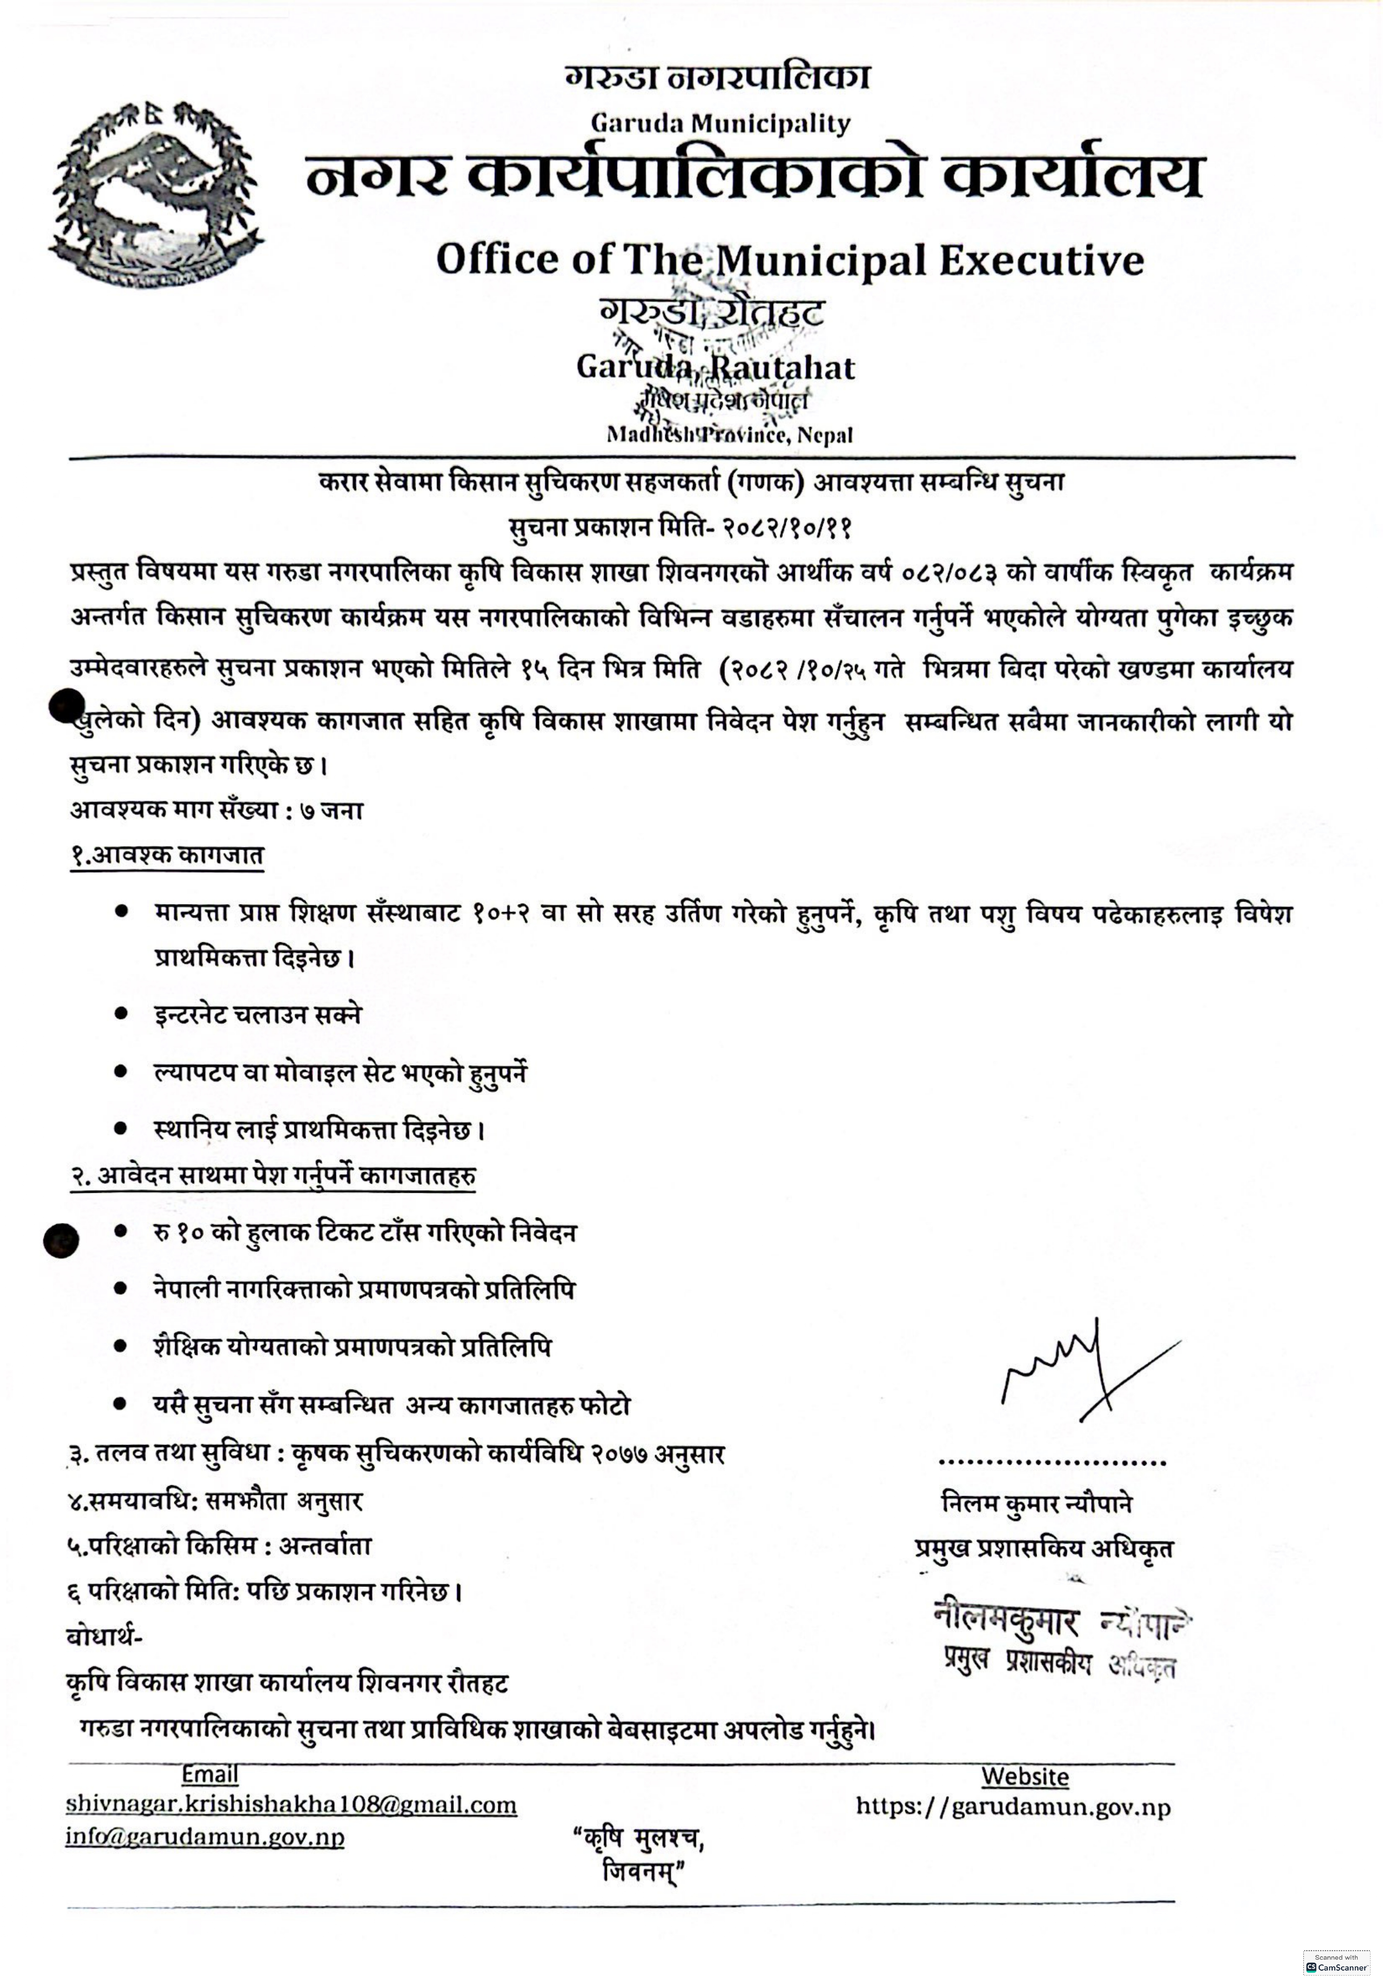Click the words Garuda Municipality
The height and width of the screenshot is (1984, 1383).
[720, 124]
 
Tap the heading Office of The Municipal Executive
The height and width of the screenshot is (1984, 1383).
[789, 259]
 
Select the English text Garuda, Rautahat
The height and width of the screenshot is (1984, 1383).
[715, 367]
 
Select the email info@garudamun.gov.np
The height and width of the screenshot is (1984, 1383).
[205, 1837]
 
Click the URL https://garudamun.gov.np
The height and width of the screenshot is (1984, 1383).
[1012, 1807]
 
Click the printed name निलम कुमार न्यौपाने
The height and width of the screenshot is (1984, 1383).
[1037, 1505]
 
